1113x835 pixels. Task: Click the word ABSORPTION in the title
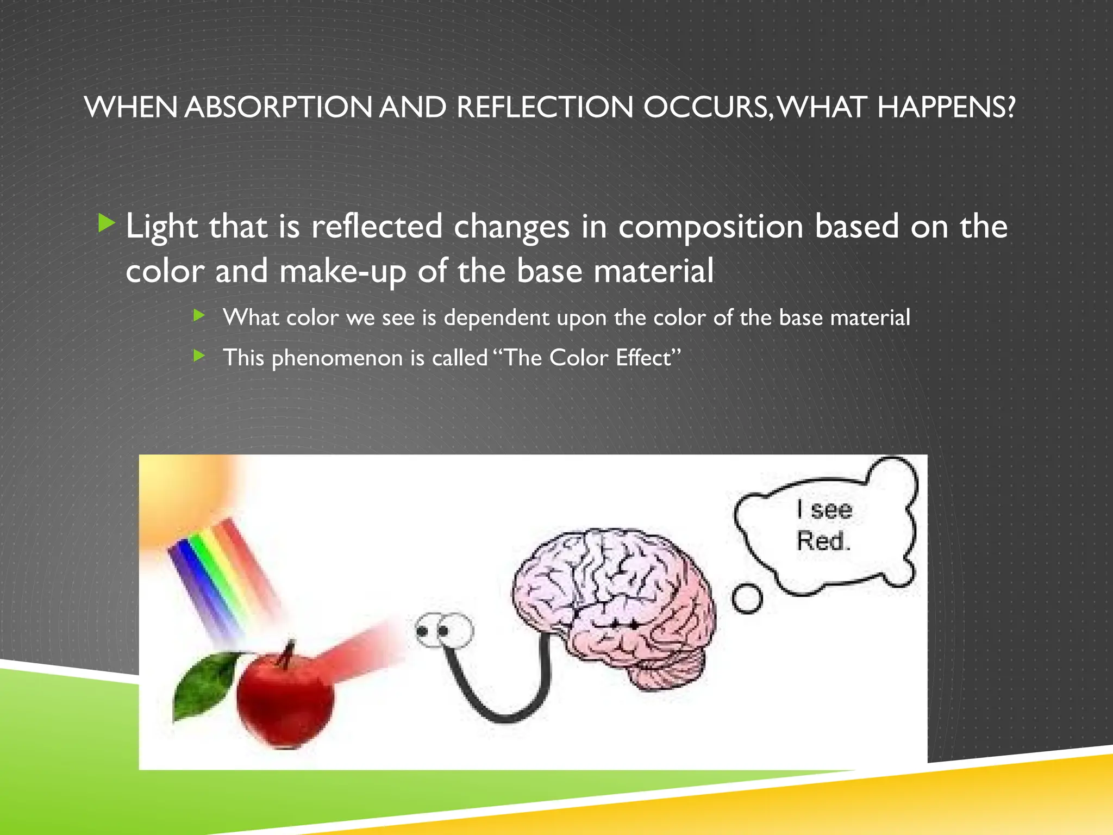coord(278,107)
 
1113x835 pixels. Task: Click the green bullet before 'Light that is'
coord(106,223)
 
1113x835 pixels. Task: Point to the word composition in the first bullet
coord(710,227)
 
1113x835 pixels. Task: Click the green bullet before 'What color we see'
coord(199,315)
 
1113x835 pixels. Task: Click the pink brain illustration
coord(614,603)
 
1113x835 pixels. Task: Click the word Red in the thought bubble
coord(822,541)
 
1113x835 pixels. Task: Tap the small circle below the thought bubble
coord(747,599)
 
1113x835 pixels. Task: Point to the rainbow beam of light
coord(223,576)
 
